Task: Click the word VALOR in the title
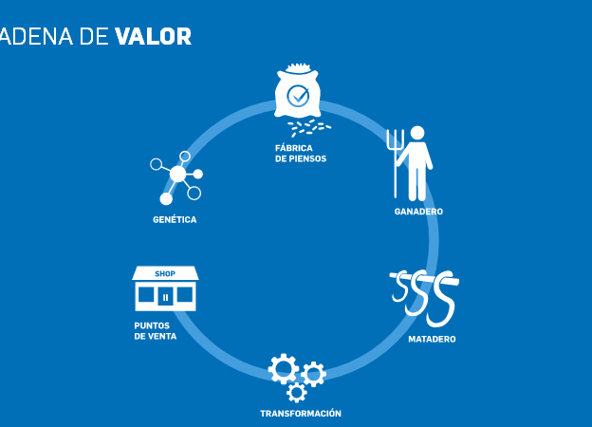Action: pyautogui.click(x=154, y=36)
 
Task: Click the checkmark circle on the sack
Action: pyautogui.click(x=298, y=96)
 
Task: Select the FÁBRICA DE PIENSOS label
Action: pyautogui.click(x=301, y=154)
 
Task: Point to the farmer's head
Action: pyautogui.click(x=417, y=134)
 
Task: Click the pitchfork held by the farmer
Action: pyautogui.click(x=396, y=163)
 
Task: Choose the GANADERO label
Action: pyautogui.click(x=418, y=212)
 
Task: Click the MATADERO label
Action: pyautogui.click(x=432, y=339)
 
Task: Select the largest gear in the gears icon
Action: pyautogui.click(x=283, y=369)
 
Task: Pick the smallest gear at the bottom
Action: pyautogui.click(x=296, y=393)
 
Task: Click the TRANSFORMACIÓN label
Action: pyautogui.click(x=301, y=414)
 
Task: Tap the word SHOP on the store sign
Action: pyautogui.click(x=165, y=273)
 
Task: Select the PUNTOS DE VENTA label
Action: pyautogui.click(x=156, y=331)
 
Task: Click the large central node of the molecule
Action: pyautogui.click(x=177, y=174)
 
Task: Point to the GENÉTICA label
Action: pyautogui.click(x=175, y=220)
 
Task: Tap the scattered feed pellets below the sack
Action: pyautogui.click(x=309, y=128)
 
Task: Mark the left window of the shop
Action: pyautogui.click(x=146, y=295)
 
